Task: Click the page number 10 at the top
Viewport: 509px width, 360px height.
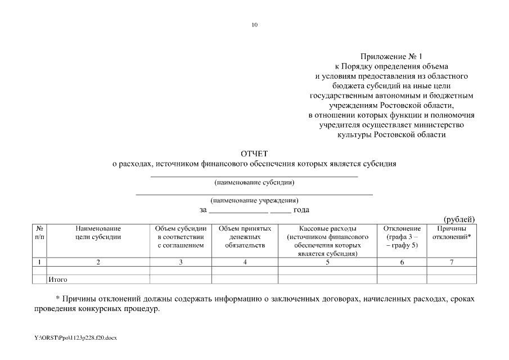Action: click(x=254, y=25)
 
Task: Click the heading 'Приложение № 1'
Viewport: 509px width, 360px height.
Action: click(x=391, y=56)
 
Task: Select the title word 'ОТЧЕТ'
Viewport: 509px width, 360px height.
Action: click(x=254, y=154)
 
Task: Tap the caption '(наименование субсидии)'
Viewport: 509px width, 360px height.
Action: click(x=254, y=182)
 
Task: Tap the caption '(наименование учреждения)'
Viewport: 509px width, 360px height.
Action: click(x=254, y=200)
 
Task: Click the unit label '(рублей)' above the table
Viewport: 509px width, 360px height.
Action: click(x=460, y=219)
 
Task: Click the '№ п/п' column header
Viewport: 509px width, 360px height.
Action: click(x=39, y=233)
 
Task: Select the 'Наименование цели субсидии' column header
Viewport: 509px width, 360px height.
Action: click(x=98, y=233)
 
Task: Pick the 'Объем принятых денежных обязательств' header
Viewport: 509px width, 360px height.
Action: click(x=245, y=237)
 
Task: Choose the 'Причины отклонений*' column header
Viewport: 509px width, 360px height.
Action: click(x=452, y=233)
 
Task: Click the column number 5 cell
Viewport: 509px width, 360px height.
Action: click(x=327, y=262)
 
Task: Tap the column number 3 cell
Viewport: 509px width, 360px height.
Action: click(x=181, y=262)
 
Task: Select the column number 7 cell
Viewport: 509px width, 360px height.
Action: click(x=452, y=262)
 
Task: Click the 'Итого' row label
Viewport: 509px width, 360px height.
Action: click(x=58, y=279)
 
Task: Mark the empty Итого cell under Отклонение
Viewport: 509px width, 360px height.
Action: click(x=402, y=279)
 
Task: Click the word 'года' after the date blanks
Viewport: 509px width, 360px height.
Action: click(x=302, y=210)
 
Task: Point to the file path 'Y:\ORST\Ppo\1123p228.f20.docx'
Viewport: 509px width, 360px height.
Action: click(x=74, y=337)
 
